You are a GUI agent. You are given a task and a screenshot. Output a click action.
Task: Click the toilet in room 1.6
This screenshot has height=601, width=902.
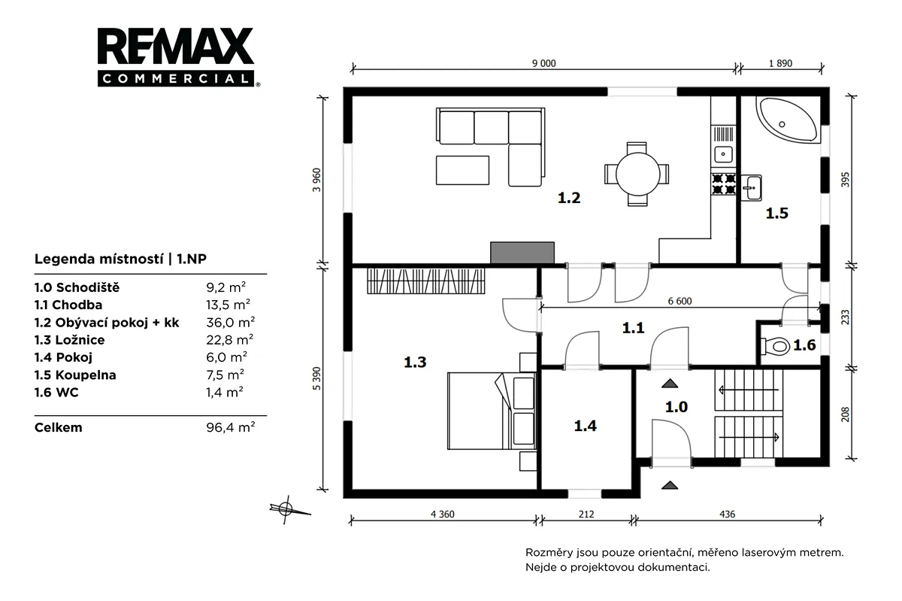point(775,346)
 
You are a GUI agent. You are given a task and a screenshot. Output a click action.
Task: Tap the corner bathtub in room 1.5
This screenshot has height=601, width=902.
point(788,120)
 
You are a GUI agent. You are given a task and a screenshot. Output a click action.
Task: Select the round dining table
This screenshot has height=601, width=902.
point(637,175)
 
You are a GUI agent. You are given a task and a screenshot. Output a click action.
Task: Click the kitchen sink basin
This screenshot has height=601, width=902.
point(724,154)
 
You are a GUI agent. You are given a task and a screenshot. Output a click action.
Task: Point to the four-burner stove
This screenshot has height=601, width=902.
point(724,184)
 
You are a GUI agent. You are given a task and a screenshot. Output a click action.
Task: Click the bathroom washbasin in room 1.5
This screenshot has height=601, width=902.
point(751,187)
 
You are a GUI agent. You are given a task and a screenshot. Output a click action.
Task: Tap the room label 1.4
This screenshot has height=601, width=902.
point(585,426)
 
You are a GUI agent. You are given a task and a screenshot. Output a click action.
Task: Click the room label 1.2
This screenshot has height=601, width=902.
point(568,198)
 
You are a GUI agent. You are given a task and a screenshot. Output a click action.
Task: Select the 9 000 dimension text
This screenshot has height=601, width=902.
point(543,63)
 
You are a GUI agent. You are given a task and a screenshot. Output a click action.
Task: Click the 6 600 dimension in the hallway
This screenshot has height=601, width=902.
point(680,301)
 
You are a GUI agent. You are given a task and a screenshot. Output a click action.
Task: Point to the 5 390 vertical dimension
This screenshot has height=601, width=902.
point(317,378)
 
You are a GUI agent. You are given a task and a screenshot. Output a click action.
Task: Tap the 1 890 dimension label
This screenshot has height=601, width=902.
point(780,63)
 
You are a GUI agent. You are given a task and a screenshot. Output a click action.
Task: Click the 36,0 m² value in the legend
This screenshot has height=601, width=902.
point(230,322)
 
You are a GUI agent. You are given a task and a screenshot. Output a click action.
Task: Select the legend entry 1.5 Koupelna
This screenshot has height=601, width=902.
point(75,375)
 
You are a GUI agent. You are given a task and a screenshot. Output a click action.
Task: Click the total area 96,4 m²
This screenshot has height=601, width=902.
point(230,426)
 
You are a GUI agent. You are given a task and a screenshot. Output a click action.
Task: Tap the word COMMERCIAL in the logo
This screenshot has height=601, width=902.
point(176,78)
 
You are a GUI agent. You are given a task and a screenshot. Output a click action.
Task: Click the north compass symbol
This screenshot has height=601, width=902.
point(286,509)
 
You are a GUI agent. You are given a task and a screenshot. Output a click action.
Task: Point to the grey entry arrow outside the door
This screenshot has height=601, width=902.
point(670,485)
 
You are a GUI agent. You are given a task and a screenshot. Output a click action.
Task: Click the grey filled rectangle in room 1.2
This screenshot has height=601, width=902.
point(522,253)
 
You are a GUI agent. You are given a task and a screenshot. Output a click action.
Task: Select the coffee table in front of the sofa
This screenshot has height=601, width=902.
point(463,171)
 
